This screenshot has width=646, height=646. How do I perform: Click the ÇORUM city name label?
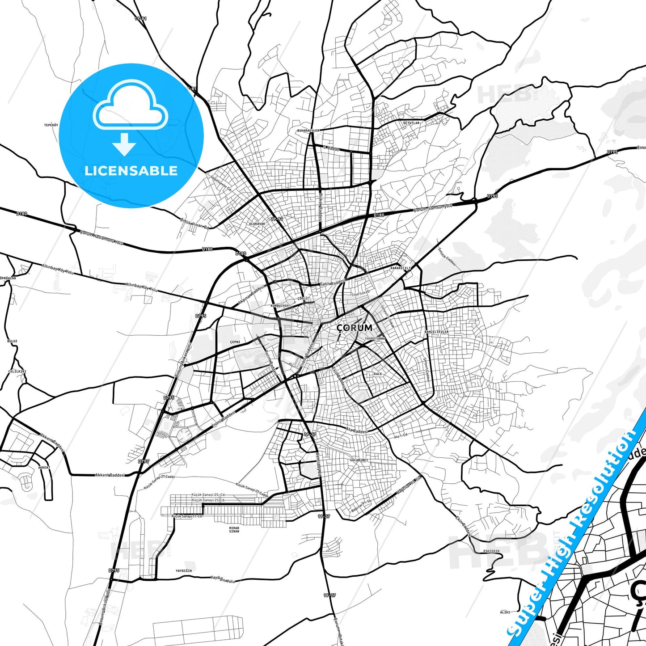[x=354, y=327]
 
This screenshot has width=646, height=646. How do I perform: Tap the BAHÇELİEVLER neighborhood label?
[x=436, y=332]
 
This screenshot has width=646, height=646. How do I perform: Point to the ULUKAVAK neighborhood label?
[x=258, y=224]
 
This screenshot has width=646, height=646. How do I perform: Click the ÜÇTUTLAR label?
[x=411, y=122]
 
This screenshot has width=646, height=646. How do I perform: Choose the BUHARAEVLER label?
[x=309, y=131]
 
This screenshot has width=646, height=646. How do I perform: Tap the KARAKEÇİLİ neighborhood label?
[x=401, y=268]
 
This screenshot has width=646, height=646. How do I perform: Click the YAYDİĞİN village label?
[x=184, y=571]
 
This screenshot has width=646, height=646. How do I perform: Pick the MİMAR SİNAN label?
[x=234, y=530]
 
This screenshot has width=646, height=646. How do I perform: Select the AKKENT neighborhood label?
[x=44, y=467]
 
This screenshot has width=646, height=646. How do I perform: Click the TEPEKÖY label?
[x=51, y=125]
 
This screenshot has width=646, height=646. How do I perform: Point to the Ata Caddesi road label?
[x=357, y=431]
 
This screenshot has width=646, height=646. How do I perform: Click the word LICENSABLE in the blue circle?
[x=131, y=171]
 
